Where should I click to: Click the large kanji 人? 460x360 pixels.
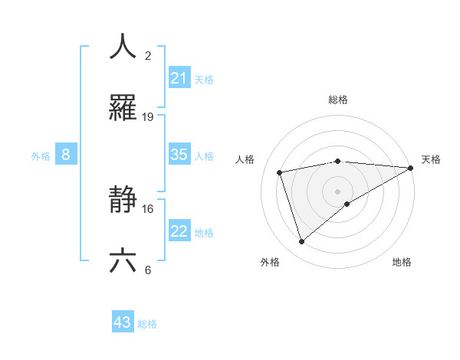[x=123, y=47]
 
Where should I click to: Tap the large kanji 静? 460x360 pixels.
[x=123, y=201]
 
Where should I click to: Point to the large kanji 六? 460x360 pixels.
[x=123, y=261]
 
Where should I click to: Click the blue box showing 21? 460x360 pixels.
[x=179, y=78]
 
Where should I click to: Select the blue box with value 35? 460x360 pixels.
[x=179, y=155]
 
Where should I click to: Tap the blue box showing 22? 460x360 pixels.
[x=179, y=232]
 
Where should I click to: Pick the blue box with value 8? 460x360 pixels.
[x=65, y=155]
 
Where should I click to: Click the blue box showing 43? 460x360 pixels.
[x=123, y=323]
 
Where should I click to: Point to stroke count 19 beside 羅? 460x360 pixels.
[x=148, y=117]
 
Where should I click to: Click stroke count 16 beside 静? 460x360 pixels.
[x=148, y=208]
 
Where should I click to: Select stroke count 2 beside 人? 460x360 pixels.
[x=148, y=56]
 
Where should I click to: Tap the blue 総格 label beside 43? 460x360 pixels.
[x=147, y=324]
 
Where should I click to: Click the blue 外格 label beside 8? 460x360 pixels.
[x=41, y=156]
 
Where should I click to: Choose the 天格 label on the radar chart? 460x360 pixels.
[x=431, y=159]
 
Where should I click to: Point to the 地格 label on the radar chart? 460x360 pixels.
[x=402, y=262]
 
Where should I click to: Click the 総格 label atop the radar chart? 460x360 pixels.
[x=338, y=100]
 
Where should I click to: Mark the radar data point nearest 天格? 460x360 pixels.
[x=411, y=168]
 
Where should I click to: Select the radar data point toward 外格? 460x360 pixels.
[x=301, y=241]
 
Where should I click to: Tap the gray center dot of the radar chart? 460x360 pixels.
[x=338, y=191]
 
